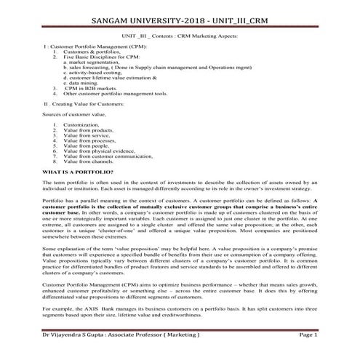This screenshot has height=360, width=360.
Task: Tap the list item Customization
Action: (81, 124)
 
